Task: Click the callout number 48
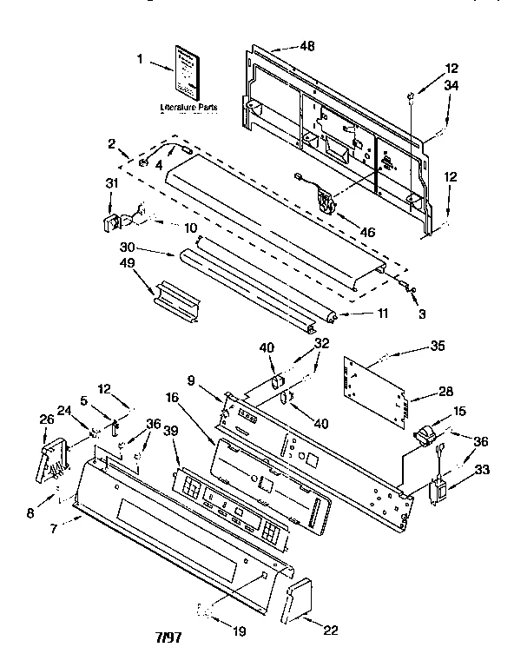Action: tap(282, 46)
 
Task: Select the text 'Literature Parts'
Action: tap(188, 108)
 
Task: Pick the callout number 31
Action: tap(110, 182)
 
